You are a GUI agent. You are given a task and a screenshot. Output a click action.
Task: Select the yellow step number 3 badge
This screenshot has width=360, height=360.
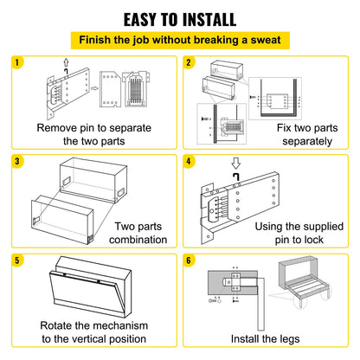19,160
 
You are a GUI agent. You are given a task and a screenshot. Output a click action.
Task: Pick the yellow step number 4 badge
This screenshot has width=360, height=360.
190,160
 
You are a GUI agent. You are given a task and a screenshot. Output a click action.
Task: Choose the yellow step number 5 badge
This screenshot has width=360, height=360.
19,259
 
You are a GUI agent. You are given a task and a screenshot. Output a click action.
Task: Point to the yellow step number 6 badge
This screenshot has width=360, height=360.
190,259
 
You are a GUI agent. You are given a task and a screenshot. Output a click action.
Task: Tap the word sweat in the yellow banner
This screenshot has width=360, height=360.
262,40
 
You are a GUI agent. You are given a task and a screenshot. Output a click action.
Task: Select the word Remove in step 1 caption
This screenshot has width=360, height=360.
59,127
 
